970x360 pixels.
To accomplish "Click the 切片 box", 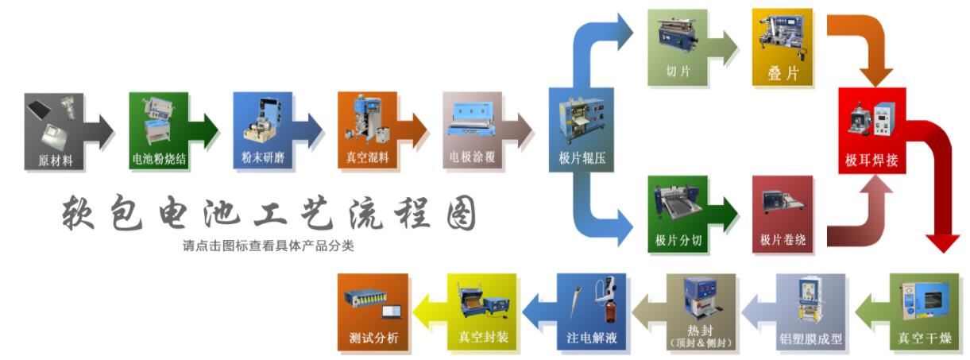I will [678, 48].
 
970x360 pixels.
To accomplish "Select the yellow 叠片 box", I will [783, 48].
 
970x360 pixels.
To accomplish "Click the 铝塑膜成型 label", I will [810, 339].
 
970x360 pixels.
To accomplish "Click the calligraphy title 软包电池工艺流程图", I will [269, 212].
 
